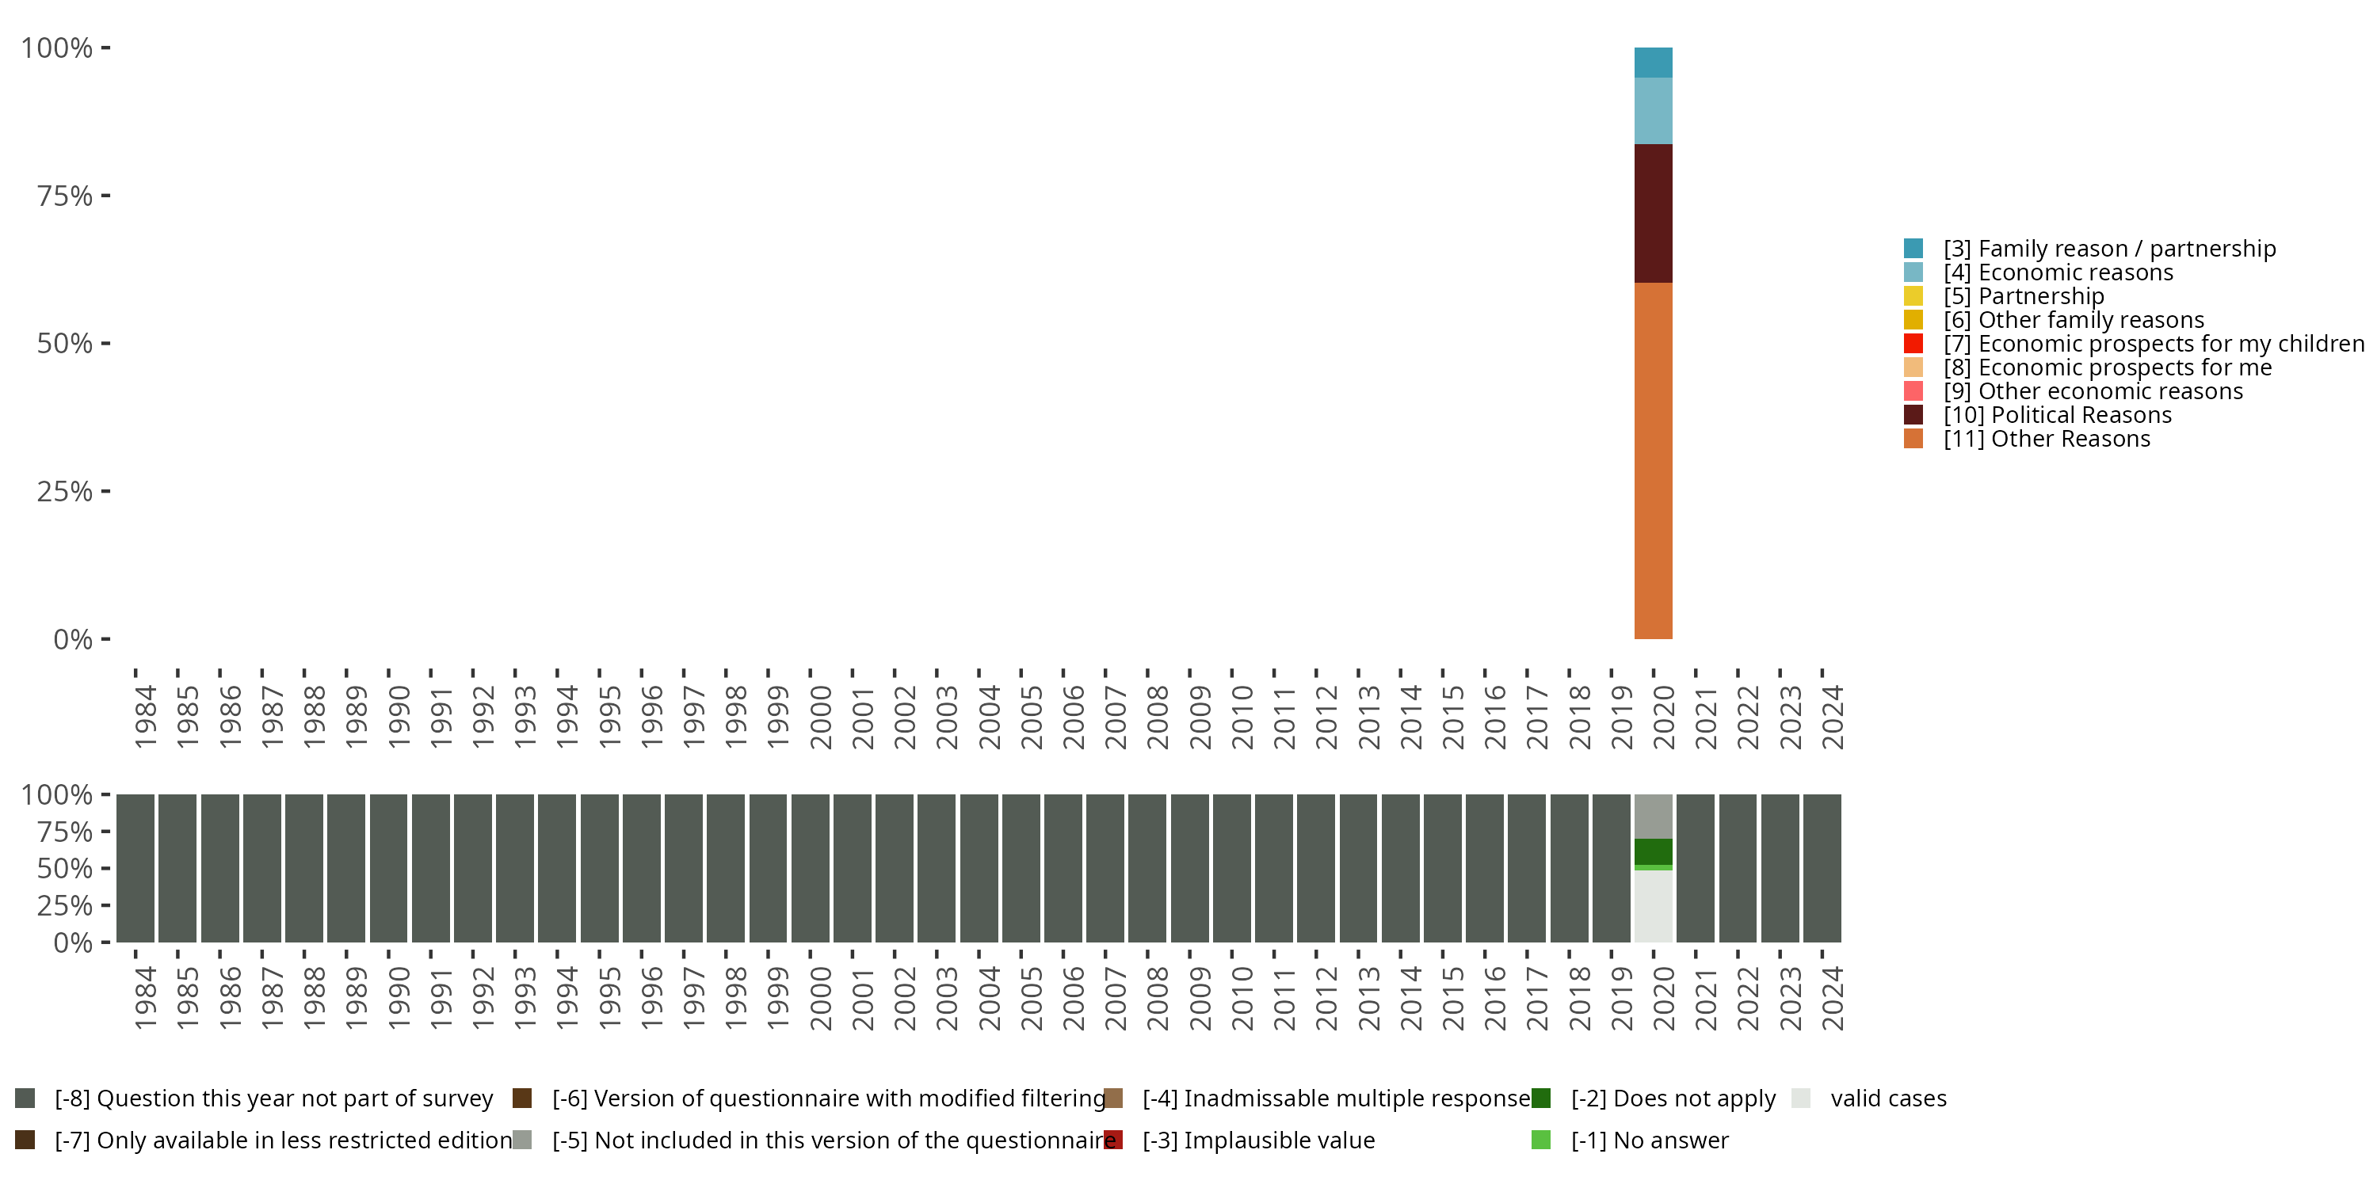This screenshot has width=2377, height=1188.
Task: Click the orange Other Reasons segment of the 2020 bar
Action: (1653, 460)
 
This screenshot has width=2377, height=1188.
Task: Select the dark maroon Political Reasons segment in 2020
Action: (1653, 213)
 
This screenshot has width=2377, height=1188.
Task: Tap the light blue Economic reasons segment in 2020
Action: (1653, 111)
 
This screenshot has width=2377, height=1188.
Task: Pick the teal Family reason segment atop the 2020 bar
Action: (1653, 63)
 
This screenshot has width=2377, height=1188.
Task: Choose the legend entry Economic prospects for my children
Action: (2134, 344)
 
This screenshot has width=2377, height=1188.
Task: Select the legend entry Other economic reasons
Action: (2073, 391)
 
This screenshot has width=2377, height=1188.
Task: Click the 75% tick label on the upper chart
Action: (65, 196)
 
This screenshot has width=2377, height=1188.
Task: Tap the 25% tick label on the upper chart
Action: (65, 491)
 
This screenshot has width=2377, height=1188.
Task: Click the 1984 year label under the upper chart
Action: (146, 716)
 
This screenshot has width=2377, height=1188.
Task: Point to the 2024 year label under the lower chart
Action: (1833, 998)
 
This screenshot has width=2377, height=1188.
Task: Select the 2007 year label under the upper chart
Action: (1116, 716)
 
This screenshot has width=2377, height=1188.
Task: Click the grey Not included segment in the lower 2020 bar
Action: (1653, 817)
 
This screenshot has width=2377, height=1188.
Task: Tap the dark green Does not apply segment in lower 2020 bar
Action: (1653, 851)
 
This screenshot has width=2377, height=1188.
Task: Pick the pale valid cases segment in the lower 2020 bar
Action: (1653, 907)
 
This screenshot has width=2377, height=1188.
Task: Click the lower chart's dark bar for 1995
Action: (600, 868)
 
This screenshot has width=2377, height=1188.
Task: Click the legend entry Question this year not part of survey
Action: (254, 1099)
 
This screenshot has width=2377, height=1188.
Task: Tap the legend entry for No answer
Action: (1630, 1140)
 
